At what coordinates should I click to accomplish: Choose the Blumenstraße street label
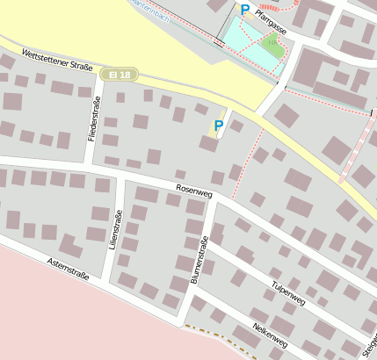click(x=199, y=260)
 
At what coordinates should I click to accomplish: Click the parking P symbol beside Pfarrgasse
click(x=244, y=10)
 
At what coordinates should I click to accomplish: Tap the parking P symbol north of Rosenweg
click(x=218, y=126)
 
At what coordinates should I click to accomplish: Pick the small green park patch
click(x=273, y=44)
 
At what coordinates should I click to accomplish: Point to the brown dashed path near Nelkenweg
click(x=211, y=330)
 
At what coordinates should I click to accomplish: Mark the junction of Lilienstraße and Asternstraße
click(x=103, y=279)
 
